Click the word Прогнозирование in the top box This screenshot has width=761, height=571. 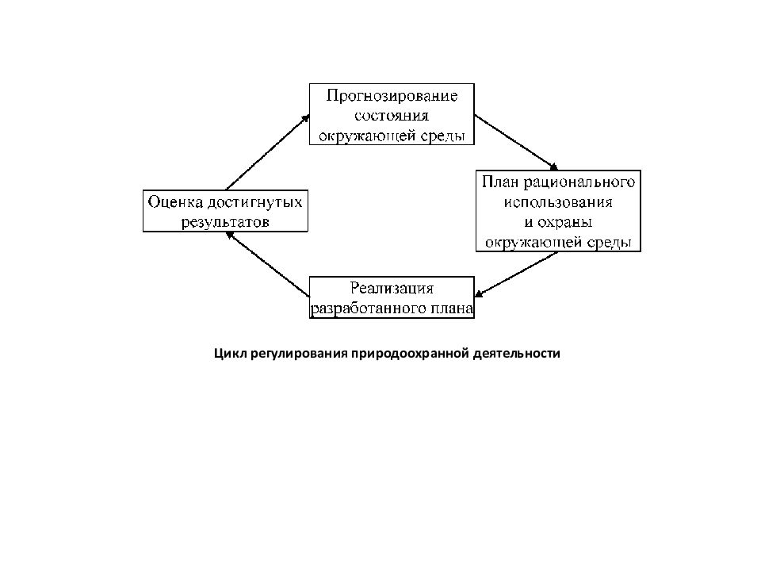392,96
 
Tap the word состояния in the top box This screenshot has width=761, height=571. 392,116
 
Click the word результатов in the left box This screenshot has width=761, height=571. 225,222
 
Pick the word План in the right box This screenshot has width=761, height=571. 500,182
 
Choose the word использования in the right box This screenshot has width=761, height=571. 558,202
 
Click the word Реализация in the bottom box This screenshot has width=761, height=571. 392,289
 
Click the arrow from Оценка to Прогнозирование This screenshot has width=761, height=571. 268,152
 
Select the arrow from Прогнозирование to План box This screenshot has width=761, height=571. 516,143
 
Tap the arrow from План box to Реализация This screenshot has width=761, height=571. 516,274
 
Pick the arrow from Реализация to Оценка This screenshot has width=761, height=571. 268,264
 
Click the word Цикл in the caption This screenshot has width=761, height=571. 231,354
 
